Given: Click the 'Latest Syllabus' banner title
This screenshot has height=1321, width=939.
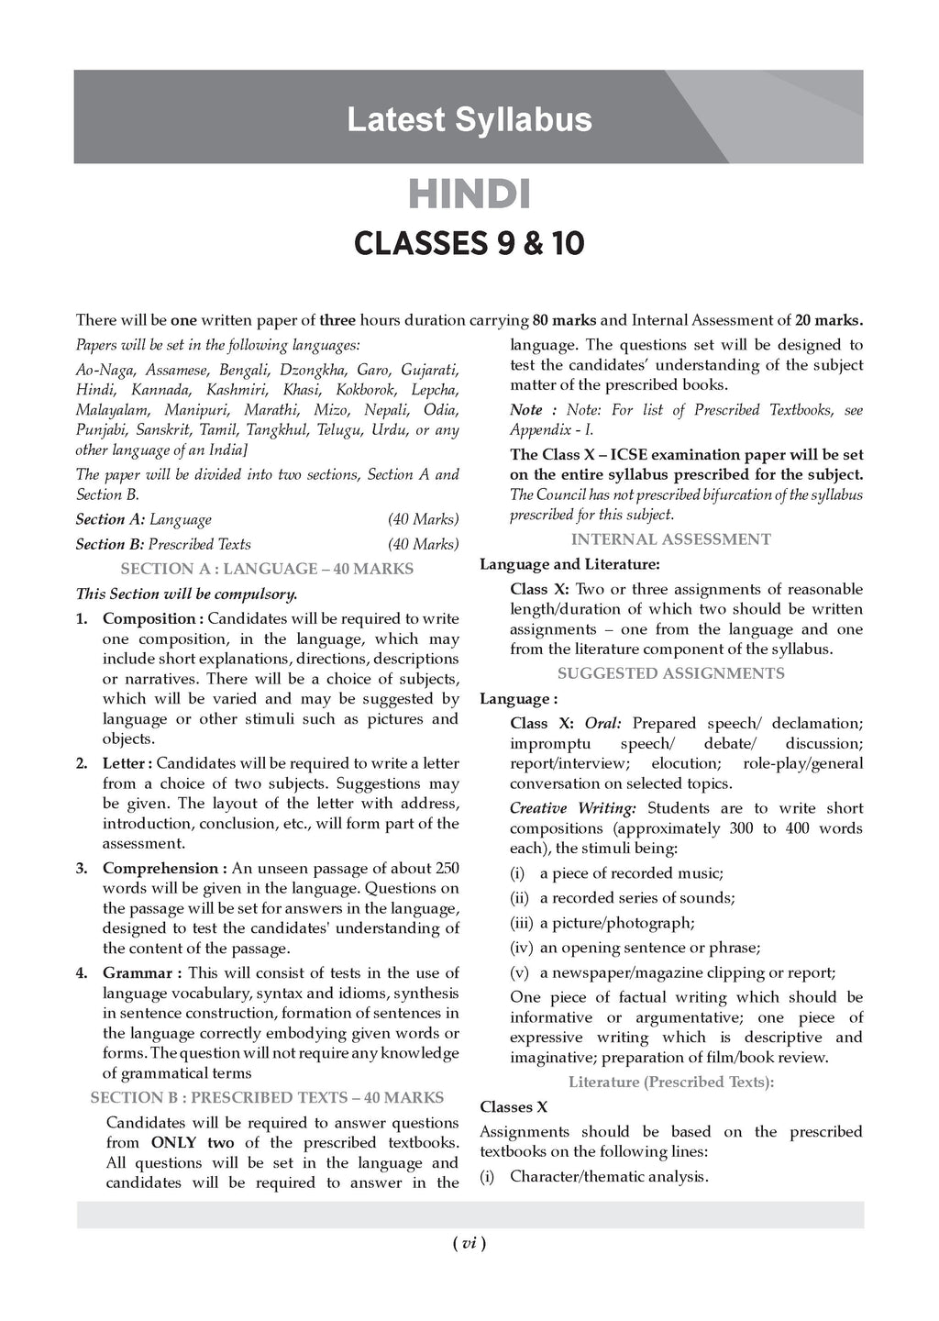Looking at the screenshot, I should [469, 119].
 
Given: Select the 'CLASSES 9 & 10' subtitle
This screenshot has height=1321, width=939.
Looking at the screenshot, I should [469, 244].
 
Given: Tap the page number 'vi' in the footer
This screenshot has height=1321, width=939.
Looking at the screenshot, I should [469, 1243].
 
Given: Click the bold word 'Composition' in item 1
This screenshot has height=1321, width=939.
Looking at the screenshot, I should [148, 618].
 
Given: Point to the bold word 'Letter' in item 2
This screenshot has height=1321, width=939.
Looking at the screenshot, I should [124, 763].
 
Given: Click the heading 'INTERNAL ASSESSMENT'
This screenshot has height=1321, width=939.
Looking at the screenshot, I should [670, 539].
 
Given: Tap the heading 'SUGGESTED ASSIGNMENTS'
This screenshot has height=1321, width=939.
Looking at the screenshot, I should [670, 673].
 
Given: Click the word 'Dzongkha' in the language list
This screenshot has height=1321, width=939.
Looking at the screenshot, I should [316, 370].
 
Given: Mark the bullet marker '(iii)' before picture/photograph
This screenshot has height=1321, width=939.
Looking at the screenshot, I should [521, 923].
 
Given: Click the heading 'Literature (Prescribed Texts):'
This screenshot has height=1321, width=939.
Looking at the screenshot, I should [670, 1082].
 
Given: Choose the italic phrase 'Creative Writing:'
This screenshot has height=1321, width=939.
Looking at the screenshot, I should [572, 808].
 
